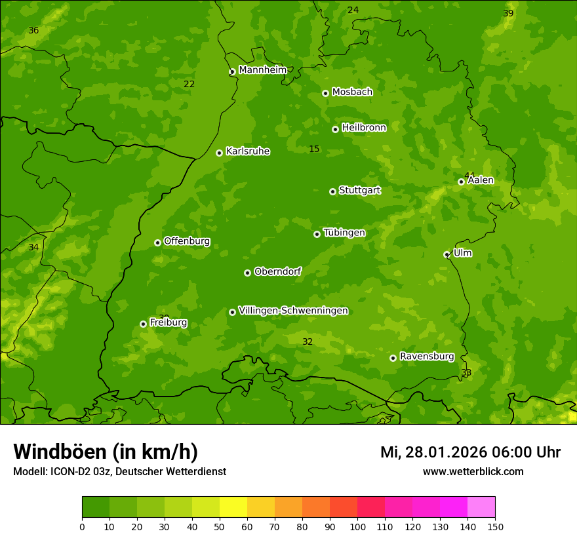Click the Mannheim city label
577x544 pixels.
point(262,70)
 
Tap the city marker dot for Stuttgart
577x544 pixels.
point(332,191)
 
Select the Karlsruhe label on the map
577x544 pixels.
point(247,151)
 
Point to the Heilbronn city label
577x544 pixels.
point(364,128)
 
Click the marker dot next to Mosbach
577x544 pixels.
point(325,93)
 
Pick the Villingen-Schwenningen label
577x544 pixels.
point(293,311)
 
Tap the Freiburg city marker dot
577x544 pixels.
point(143,324)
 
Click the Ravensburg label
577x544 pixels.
point(426,357)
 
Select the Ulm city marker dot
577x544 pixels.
point(447,254)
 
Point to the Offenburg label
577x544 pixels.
point(187,241)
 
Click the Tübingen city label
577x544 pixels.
point(344,233)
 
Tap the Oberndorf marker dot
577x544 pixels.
point(247,273)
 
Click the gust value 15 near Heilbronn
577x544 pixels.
point(314,149)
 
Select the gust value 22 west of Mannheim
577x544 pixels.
point(189,84)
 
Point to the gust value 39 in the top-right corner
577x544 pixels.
point(508,14)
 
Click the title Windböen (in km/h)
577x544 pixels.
point(106,452)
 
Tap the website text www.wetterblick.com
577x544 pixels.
point(473,471)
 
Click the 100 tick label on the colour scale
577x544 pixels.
point(357,526)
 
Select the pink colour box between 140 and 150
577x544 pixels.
point(481,507)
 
